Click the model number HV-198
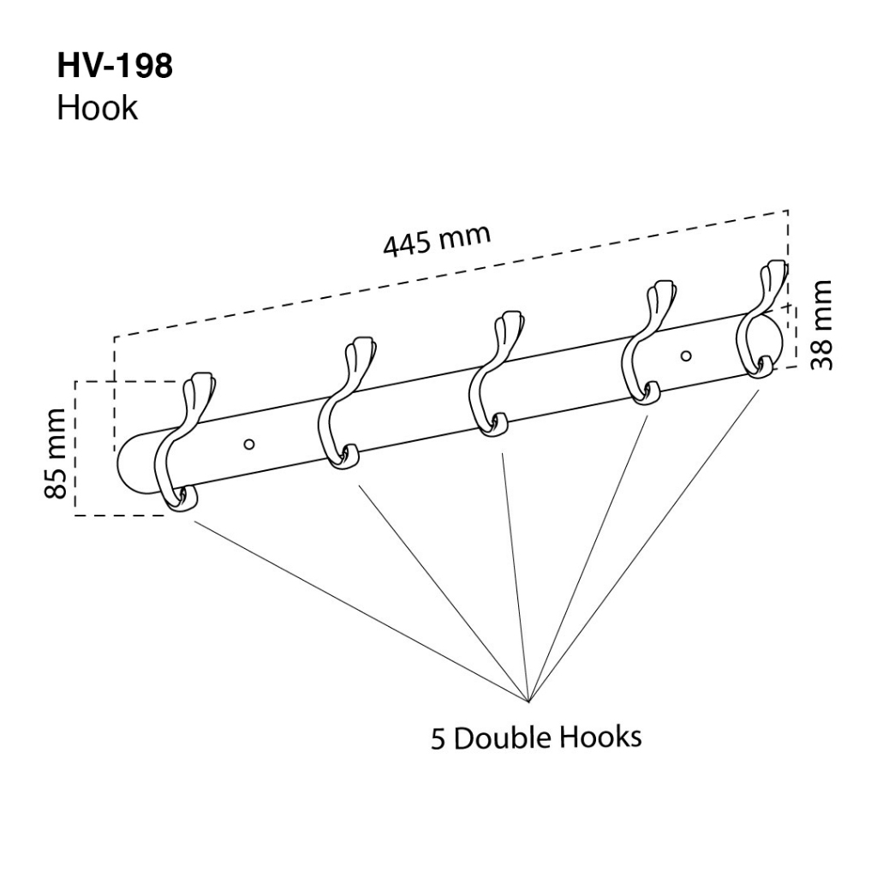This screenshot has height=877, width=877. [115, 67]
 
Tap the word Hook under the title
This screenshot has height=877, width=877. [97, 108]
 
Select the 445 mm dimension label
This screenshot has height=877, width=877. [437, 241]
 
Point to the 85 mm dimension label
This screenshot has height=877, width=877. [55, 454]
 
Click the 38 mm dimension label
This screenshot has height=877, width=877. [822, 325]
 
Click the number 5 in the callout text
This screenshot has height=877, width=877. [438, 739]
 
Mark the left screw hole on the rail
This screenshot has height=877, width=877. [249, 443]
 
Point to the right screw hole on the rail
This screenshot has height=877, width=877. [685, 354]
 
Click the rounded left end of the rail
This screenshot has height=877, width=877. [130, 467]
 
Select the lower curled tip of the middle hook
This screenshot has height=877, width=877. [496, 426]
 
